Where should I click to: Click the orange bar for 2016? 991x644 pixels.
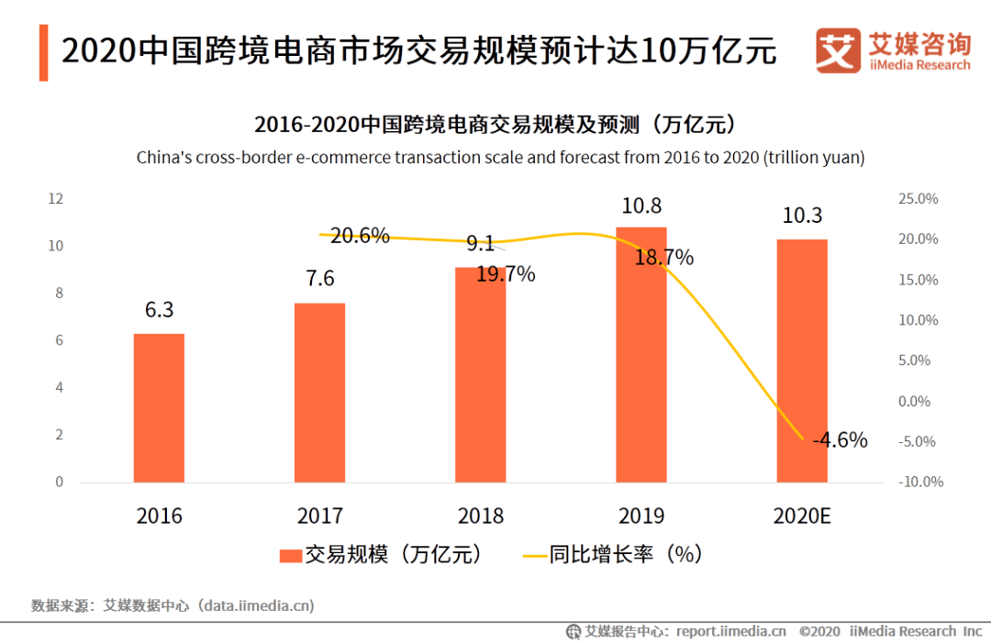pyautogui.click(x=159, y=408)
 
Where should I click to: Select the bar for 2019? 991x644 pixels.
pyautogui.click(x=641, y=358)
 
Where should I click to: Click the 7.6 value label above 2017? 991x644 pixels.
pyautogui.click(x=320, y=279)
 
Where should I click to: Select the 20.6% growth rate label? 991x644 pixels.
pyautogui.click(x=360, y=236)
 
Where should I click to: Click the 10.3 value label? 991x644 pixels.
pyautogui.click(x=802, y=216)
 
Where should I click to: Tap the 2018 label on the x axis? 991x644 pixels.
pyautogui.click(x=481, y=516)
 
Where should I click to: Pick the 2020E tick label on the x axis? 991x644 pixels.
pyautogui.click(x=802, y=516)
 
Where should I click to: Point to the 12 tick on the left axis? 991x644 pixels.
pyautogui.click(x=56, y=198)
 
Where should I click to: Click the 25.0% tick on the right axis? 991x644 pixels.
pyautogui.click(x=918, y=199)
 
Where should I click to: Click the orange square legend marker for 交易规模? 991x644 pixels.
pyautogui.click(x=290, y=555)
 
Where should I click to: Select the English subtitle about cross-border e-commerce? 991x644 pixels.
pyautogui.click(x=500, y=158)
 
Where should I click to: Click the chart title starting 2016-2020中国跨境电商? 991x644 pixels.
pyautogui.click(x=500, y=124)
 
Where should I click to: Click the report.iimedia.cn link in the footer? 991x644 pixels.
pyautogui.click(x=730, y=631)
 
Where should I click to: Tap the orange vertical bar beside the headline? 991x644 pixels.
pyautogui.click(x=43, y=52)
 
